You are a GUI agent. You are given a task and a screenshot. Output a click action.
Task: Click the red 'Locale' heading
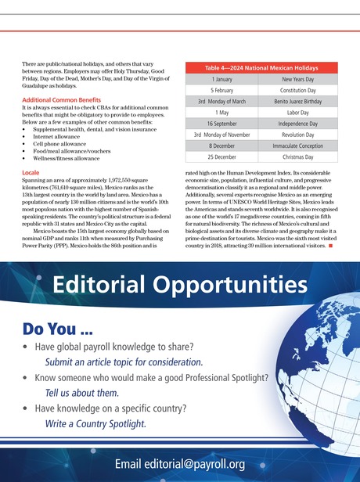click(31, 169)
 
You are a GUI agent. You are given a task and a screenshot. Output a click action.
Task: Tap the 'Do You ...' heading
click(65, 328)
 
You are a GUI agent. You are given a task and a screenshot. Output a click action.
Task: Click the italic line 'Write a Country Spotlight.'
click(95, 423)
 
